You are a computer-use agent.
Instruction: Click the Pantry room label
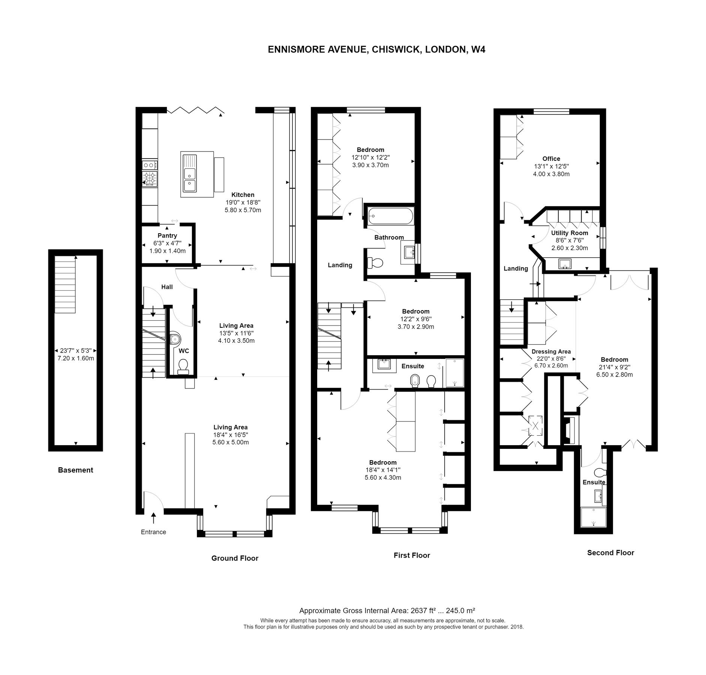[x=167, y=235]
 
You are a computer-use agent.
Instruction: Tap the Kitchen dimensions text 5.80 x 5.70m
[x=243, y=210]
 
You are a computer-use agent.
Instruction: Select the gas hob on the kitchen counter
[x=150, y=178]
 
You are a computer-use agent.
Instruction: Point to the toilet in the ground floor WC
[x=183, y=366]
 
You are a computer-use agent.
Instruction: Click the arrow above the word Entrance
[x=153, y=518]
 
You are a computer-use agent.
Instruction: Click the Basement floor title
[x=75, y=470]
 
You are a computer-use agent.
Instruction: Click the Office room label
[x=551, y=159]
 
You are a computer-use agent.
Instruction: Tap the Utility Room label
[x=569, y=233]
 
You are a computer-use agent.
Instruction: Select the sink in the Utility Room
[x=565, y=264]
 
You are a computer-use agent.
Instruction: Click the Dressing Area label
[x=551, y=351]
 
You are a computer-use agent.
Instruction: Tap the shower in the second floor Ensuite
[x=593, y=517]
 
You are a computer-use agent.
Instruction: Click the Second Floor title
[x=610, y=552]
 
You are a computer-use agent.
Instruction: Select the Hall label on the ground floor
[x=167, y=287]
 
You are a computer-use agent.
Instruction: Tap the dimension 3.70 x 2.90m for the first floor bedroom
[x=416, y=327]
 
